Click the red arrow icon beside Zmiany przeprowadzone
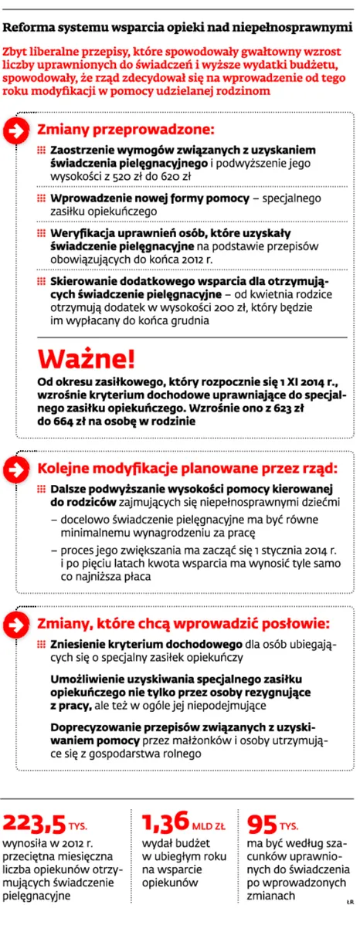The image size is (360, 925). click(x=17, y=130)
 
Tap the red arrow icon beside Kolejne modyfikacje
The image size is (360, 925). click(x=17, y=469)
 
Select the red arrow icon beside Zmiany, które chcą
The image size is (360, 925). click(x=17, y=624)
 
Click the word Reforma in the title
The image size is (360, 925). click(x=29, y=29)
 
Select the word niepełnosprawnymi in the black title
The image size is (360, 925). click(x=295, y=29)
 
